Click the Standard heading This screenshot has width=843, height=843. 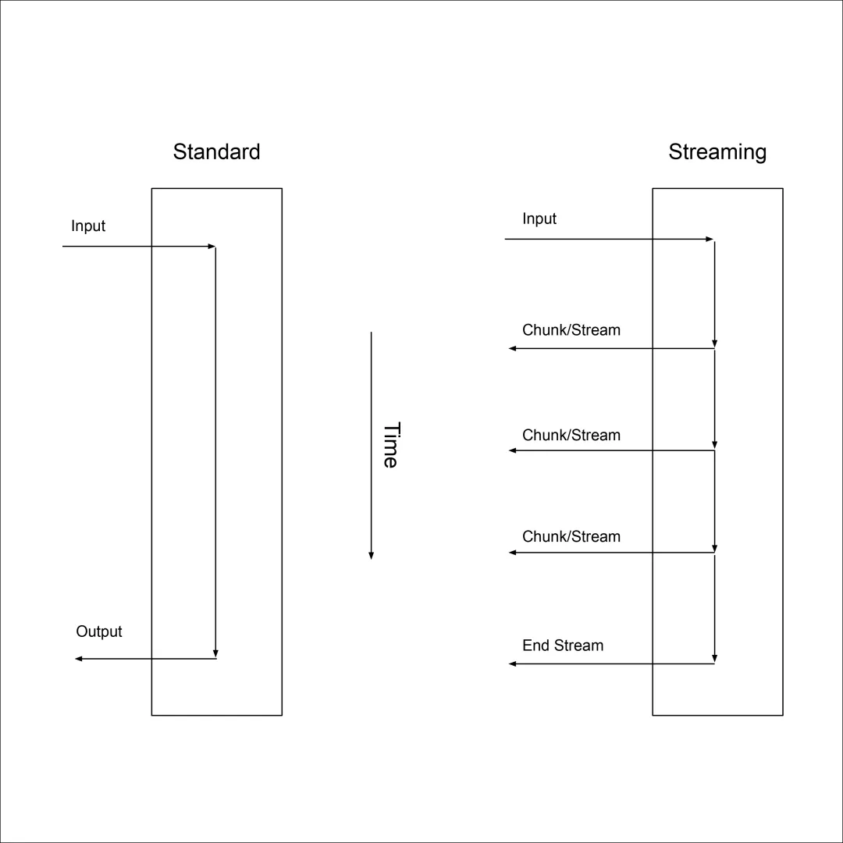[x=216, y=151]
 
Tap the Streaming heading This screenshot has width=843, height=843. [x=717, y=151]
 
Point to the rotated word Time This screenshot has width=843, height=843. [x=390, y=445]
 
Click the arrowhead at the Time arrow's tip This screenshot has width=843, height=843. [x=371, y=555]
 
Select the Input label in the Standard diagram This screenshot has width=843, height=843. [x=88, y=226]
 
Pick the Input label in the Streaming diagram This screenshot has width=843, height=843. [x=539, y=219]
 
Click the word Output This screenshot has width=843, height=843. [x=99, y=631]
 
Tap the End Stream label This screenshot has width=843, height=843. [x=563, y=646]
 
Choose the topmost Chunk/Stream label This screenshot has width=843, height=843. [x=571, y=330]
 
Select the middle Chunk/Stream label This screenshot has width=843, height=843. [x=571, y=436]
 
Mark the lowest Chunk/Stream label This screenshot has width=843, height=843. [x=571, y=537]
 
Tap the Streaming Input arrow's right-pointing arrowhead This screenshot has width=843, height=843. [x=710, y=239]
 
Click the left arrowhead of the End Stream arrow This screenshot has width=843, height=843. [x=513, y=663]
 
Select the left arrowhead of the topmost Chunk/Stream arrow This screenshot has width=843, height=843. [x=513, y=348]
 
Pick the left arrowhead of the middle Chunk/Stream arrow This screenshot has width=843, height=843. [x=513, y=450]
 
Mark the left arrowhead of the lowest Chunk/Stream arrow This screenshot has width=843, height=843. [x=513, y=553]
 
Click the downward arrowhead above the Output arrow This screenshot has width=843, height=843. [x=215, y=653]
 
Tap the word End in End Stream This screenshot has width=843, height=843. [x=536, y=646]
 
